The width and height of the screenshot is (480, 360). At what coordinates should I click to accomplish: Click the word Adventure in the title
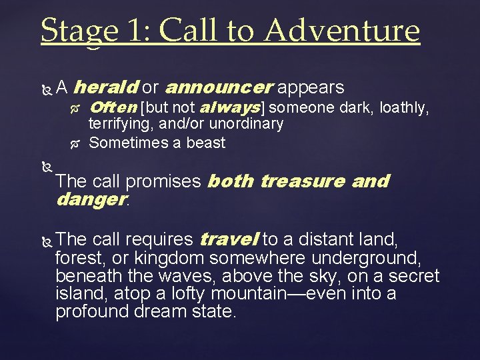pos(343,31)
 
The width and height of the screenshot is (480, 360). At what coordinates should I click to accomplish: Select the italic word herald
pos(105,87)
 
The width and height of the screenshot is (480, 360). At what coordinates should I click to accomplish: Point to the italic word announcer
pos(219,87)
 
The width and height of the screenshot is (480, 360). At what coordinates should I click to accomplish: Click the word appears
pos(311,87)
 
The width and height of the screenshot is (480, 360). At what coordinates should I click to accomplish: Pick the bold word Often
pos(113,107)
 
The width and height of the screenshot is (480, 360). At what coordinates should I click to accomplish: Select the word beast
pos(205,142)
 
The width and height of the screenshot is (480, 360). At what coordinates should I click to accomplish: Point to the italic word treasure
pos(302,181)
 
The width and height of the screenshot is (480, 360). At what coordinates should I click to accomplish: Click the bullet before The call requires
pos(45,240)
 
